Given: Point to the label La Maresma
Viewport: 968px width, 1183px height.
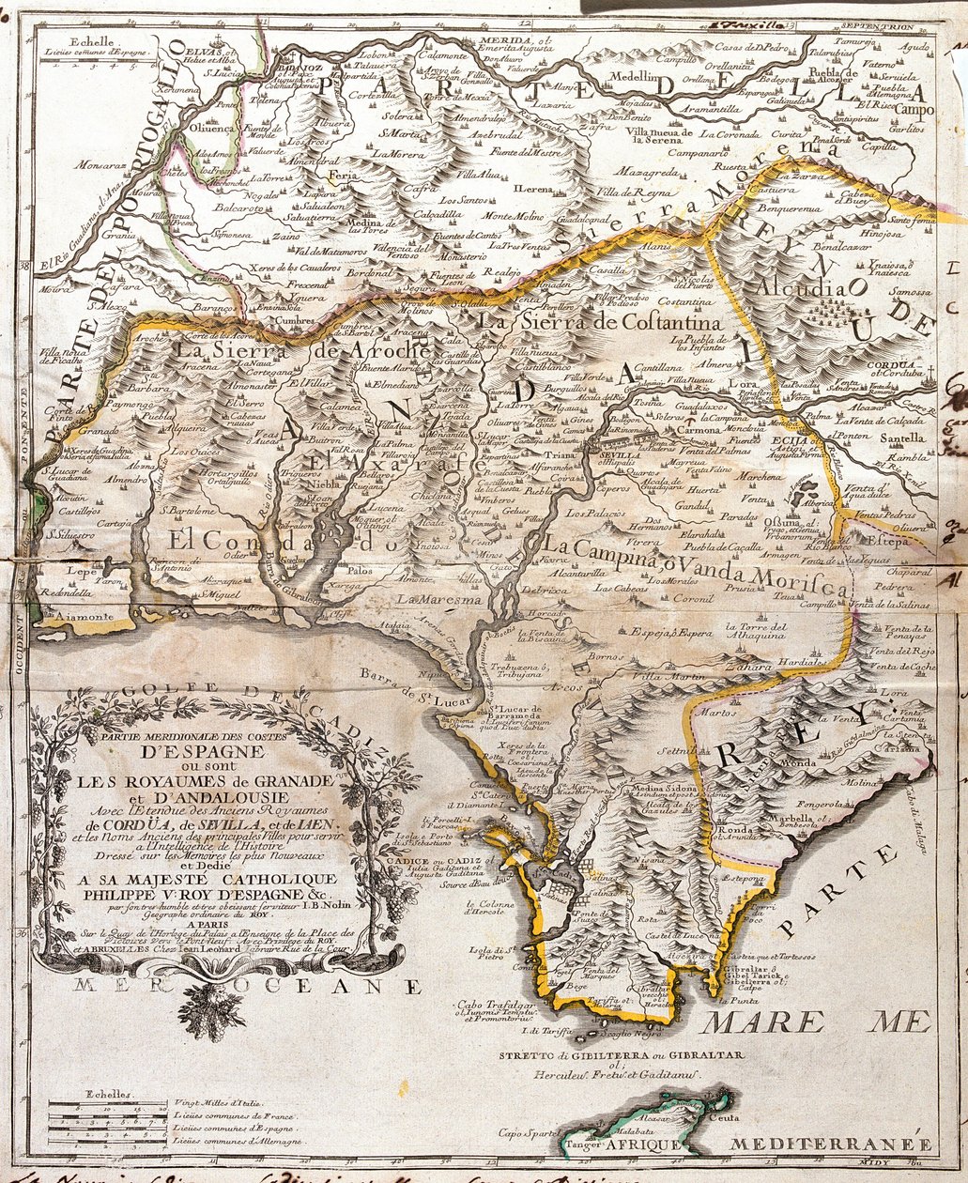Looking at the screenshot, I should (430, 597).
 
